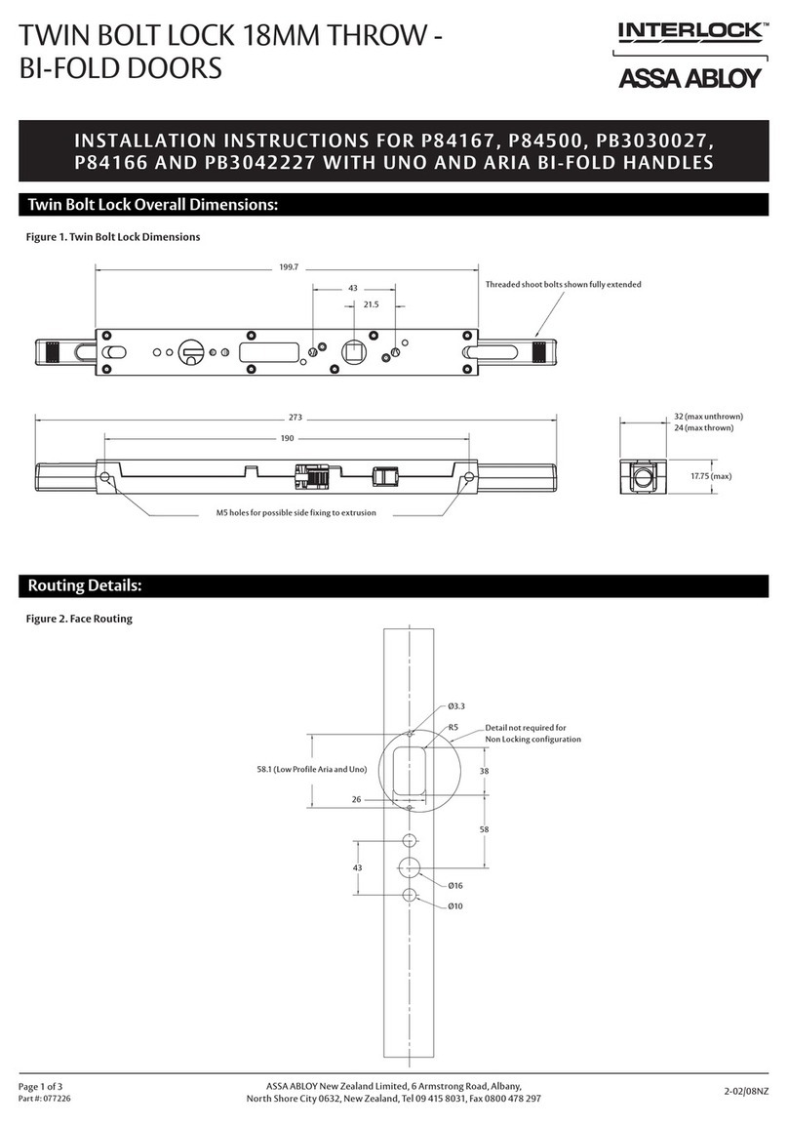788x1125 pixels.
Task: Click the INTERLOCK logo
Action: tap(689, 33)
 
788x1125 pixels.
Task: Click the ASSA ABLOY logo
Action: tap(689, 78)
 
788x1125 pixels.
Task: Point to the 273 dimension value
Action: tap(295, 417)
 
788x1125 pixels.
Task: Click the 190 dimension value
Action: tap(287, 438)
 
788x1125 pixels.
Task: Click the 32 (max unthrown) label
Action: tap(710, 417)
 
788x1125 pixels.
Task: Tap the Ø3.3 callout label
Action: tap(455, 705)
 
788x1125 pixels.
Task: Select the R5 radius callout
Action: tap(453, 727)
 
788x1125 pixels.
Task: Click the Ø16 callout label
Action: tap(454, 886)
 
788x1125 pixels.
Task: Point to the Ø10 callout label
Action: tap(454, 906)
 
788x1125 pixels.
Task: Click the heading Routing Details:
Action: tap(85, 585)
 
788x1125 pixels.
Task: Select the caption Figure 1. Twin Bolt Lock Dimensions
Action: tap(112, 237)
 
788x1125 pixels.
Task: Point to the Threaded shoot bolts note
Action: tap(563, 284)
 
